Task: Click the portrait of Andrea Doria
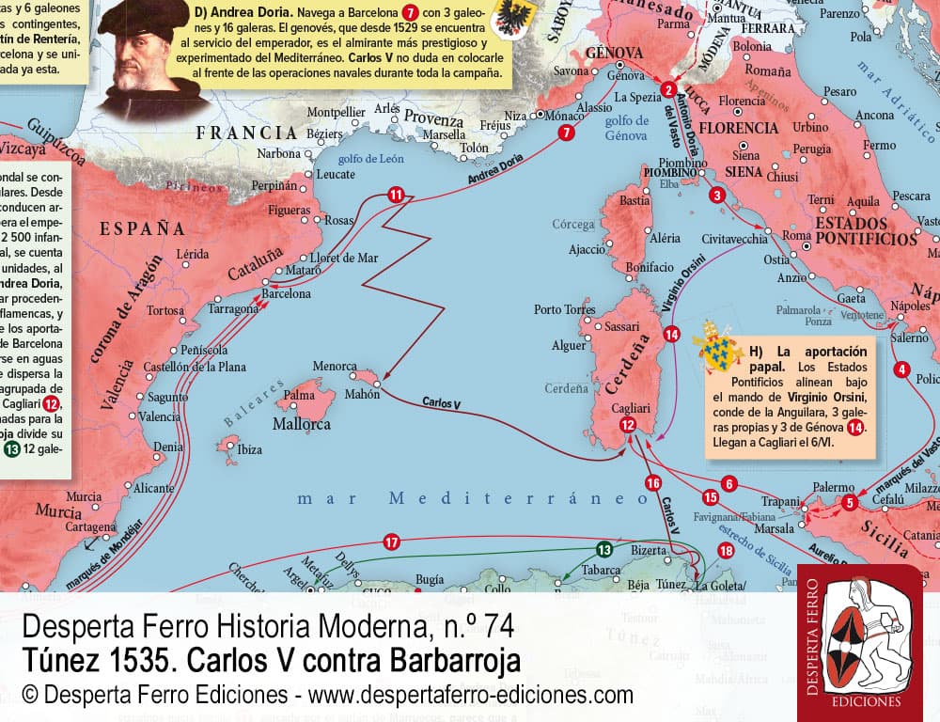coord(150,56)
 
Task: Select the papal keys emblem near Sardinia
coord(719,347)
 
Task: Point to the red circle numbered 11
coord(396,195)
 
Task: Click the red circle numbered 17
coord(391,541)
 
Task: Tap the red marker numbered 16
coord(653,483)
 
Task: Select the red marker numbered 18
coord(725,550)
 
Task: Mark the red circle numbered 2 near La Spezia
coord(668,90)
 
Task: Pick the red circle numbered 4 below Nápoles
coord(902,369)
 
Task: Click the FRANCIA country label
coord(246,133)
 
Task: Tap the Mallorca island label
coord(301,425)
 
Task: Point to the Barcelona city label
coord(286,293)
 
